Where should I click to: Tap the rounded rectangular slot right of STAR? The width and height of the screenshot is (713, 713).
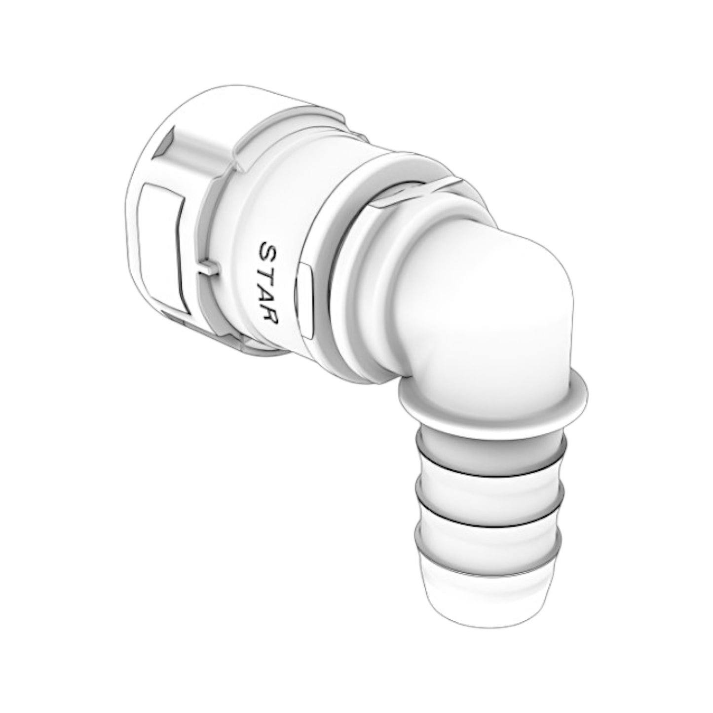(x=306, y=301)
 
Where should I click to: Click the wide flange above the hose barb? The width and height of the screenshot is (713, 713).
(x=493, y=400)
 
